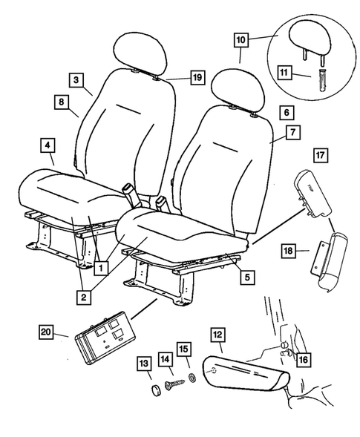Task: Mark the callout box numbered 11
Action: [x=285, y=73]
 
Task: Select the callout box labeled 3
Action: [x=76, y=78]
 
